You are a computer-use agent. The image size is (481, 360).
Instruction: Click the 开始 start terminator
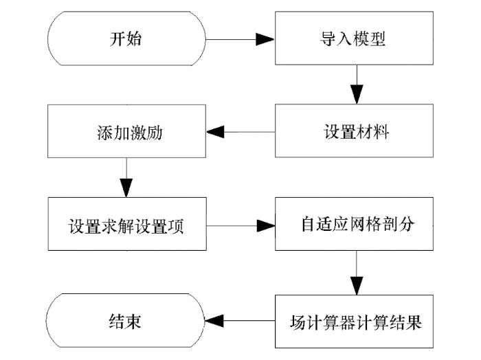coord(126,38)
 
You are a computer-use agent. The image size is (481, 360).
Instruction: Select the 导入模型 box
coord(354,38)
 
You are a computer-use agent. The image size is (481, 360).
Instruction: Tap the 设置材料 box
coord(354,131)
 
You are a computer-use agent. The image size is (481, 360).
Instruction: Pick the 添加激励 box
coord(126,131)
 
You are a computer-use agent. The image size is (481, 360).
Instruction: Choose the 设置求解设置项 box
coord(127,224)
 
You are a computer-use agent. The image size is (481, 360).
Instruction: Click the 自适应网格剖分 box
coord(354,224)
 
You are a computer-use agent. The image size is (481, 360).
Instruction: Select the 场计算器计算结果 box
coord(354,322)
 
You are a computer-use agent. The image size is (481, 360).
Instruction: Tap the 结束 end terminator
coord(125,320)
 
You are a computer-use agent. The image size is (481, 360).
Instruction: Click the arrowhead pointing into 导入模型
coord(265,39)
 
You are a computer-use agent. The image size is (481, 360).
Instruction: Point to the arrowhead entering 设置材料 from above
coord(357,94)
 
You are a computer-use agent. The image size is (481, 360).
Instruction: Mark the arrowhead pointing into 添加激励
coord(215,132)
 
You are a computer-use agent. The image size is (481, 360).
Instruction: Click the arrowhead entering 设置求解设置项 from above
coord(126,188)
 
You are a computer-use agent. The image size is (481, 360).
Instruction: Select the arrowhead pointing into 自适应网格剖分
coord(266,226)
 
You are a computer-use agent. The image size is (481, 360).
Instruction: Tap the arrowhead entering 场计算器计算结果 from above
coord(357,286)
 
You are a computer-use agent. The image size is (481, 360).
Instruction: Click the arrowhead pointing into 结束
coord(214,321)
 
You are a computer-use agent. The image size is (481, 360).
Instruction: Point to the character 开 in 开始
coord(118,39)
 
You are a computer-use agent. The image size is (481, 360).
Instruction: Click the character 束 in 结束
coord(133,322)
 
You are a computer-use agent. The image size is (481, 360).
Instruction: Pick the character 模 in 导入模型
coord(361,39)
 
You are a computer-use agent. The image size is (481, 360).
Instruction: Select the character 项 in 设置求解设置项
coord(176,226)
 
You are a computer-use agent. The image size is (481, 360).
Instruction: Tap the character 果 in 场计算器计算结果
coord(414,322)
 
